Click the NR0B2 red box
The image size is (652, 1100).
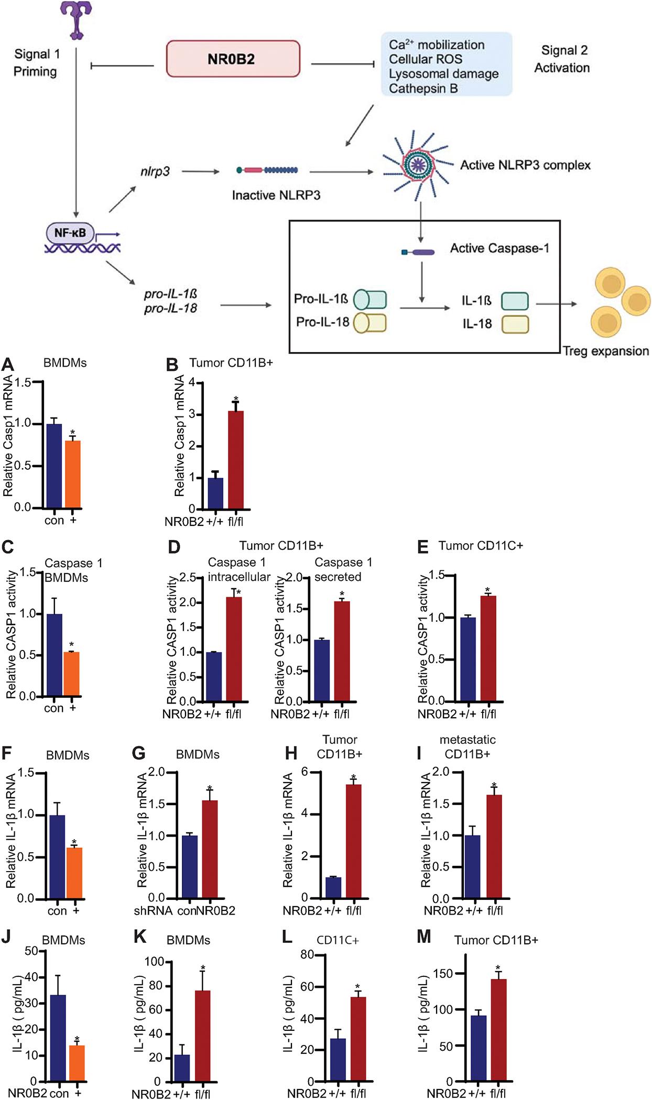233,59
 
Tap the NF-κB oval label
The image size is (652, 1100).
70,232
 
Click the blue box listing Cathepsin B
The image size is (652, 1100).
446,65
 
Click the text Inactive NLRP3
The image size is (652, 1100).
276,195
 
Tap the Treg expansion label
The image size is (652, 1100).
605,351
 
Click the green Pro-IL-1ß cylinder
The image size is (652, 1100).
370,299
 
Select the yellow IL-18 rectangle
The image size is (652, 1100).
515,324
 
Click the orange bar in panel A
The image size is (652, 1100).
72,474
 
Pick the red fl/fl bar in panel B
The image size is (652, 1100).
236,460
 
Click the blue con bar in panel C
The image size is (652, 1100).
54,655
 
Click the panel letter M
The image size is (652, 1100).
423,936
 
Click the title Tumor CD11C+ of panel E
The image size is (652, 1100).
480,546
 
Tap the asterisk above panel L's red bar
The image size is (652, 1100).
357,987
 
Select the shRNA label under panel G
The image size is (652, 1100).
153,911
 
